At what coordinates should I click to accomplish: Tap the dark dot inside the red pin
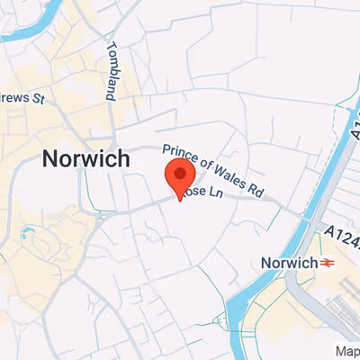pyautogui.click(x=181, y=174)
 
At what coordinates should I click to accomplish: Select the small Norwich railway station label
pyautogui.click(x=288, y=263)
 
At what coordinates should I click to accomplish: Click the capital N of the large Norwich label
pyautogui.click(x=51, y=159)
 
